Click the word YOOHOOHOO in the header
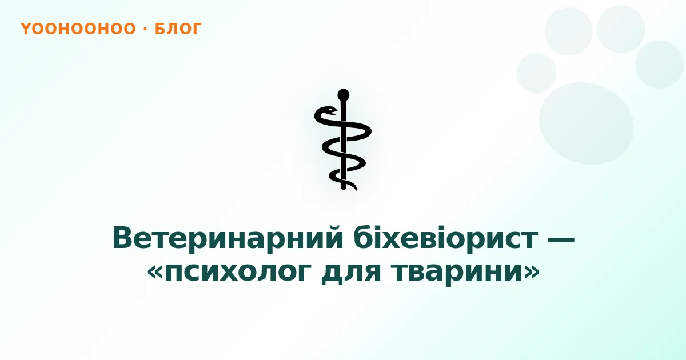[78, 29]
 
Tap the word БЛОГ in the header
[178, 29]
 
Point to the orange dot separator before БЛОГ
[145, 29]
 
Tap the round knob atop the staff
[344, 95]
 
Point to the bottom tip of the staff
[344, 189]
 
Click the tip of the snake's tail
[355, 189]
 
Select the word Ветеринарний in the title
[228, 239]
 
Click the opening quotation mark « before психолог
[155, 272]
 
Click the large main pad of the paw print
[586, 123]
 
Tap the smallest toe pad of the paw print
[536, 73]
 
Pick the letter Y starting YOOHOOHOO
[26, 29]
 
